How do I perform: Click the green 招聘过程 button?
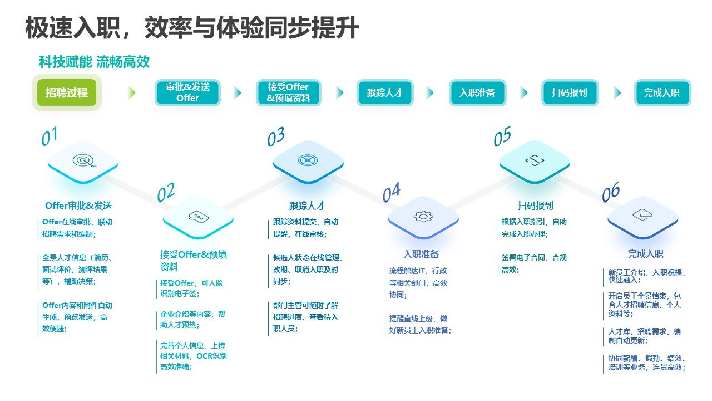[x=67, y=92]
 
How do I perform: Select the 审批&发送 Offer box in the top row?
[x=187, y=92]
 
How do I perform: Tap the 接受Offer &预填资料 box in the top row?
[x=288, y=92]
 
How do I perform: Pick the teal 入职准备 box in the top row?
[x=477, y=92]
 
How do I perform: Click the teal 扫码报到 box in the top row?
[x=569, y=92]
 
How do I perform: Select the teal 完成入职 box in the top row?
[x=662, y=92]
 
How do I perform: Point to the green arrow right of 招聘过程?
[x=131, y=92]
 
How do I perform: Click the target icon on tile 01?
[x=83, y=161]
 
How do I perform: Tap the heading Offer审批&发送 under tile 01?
[x=78, y=206]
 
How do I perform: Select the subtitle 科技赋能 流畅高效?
[x=94, y=62]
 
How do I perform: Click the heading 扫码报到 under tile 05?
[x=535, y=206]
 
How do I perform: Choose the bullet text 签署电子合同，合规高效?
[x=534, y=263]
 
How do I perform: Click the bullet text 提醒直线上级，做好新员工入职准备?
[x=420, y=324]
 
